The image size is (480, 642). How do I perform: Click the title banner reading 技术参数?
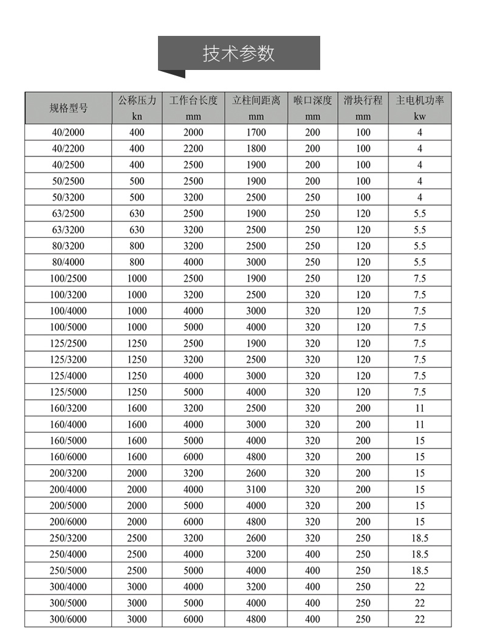[x=239, y=54]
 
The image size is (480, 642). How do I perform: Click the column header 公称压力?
[x=137, y=100]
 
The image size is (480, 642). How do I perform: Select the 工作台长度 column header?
[x=193, y=100]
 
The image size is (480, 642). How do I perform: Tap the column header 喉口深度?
[x=312, y=100]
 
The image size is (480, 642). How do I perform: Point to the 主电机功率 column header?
[x=420, y=100]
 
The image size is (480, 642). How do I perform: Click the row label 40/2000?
[x=69, y=132]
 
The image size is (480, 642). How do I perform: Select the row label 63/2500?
[x=69, y=214]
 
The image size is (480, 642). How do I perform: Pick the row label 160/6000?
[x=69, y=457]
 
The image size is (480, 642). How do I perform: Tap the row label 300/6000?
[x=69, y=619]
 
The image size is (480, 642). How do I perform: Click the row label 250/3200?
[x=69, y=538]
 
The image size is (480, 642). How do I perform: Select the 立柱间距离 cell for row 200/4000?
[x=256, y=489]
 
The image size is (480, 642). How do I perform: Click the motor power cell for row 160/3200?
[x=420, y=408]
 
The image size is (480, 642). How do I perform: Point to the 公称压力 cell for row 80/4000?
[x=137, y=262]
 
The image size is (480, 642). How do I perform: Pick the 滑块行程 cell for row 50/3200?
[x=363, y=197]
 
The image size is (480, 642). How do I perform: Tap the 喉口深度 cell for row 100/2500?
[x=312, y=278]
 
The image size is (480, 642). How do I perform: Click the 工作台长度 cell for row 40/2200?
[x=193, y=148]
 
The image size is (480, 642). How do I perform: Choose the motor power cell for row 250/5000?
[x=420, y=571]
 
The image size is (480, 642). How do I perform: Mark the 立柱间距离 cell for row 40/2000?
[x=256, y=132]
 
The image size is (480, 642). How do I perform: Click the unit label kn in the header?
[x=137, y=116]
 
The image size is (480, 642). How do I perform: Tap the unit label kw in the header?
[x=420, y=116]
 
